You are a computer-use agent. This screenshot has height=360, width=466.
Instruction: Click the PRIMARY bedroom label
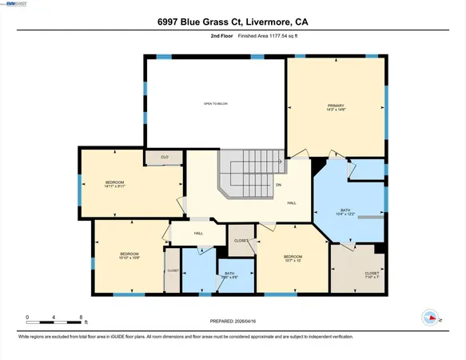point(335,108)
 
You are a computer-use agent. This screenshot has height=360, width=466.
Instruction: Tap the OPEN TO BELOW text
point(215,104)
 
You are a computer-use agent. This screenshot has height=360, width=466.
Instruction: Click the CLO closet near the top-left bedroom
point(164,158)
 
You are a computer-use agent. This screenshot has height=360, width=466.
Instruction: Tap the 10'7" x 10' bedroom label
point(292,258)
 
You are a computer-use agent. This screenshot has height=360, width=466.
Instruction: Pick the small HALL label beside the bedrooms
point(197,233)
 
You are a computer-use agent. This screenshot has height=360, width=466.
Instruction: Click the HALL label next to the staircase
point(293,202)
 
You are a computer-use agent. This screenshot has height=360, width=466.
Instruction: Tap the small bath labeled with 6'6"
point(229,275)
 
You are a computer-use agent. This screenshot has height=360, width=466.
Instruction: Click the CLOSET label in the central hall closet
point(241,240)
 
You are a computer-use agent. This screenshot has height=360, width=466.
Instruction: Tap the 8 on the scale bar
point(82,318)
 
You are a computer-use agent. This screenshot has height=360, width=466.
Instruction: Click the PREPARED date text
point(233,322)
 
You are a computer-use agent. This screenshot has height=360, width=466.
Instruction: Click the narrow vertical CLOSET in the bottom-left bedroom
point(172,270)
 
